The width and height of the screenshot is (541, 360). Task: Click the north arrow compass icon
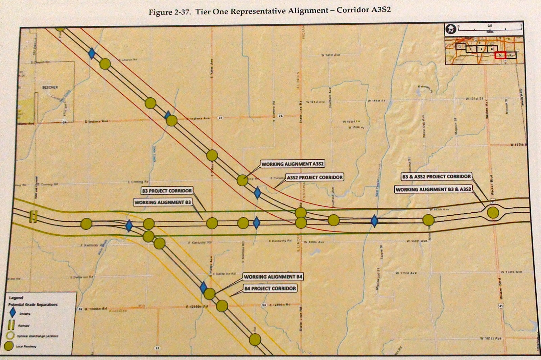tap(451, 29)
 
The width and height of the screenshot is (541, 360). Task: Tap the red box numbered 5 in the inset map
tap(500, 55)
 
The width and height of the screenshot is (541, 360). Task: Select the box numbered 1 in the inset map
tap(460, 47)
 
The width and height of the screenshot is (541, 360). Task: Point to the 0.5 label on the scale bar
tap(490, 26)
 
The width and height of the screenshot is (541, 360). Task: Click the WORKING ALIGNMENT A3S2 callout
tap(292, 164)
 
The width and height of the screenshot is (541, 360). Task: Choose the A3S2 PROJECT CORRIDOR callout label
tap(314, 177)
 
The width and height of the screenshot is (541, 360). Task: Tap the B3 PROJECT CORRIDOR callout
tap(167, 191)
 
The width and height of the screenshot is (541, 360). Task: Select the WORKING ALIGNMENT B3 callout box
tap(163, 202)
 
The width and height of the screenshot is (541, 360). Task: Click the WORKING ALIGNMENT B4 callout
tap(273, 277)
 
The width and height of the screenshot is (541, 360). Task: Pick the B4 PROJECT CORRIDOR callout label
tap(270, 288)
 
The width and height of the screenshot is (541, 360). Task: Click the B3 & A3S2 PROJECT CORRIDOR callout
tap(436, 176)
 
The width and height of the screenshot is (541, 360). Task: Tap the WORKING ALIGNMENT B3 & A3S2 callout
tap(433, 189)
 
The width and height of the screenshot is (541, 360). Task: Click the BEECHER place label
tap(50, 87)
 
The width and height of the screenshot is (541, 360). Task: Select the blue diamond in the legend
tap(13, 313)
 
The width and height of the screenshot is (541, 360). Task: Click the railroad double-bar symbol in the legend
tap(11, 325)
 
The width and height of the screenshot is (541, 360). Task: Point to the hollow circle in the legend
tap(11, 336)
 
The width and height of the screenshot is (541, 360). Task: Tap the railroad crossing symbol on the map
tap(33, 216)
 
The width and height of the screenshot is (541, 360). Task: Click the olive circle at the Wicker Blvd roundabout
tap(493, 213)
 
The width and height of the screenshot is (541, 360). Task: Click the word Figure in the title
tap(160, 13)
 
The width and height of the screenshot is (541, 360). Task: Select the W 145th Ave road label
tap(330, 55)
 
